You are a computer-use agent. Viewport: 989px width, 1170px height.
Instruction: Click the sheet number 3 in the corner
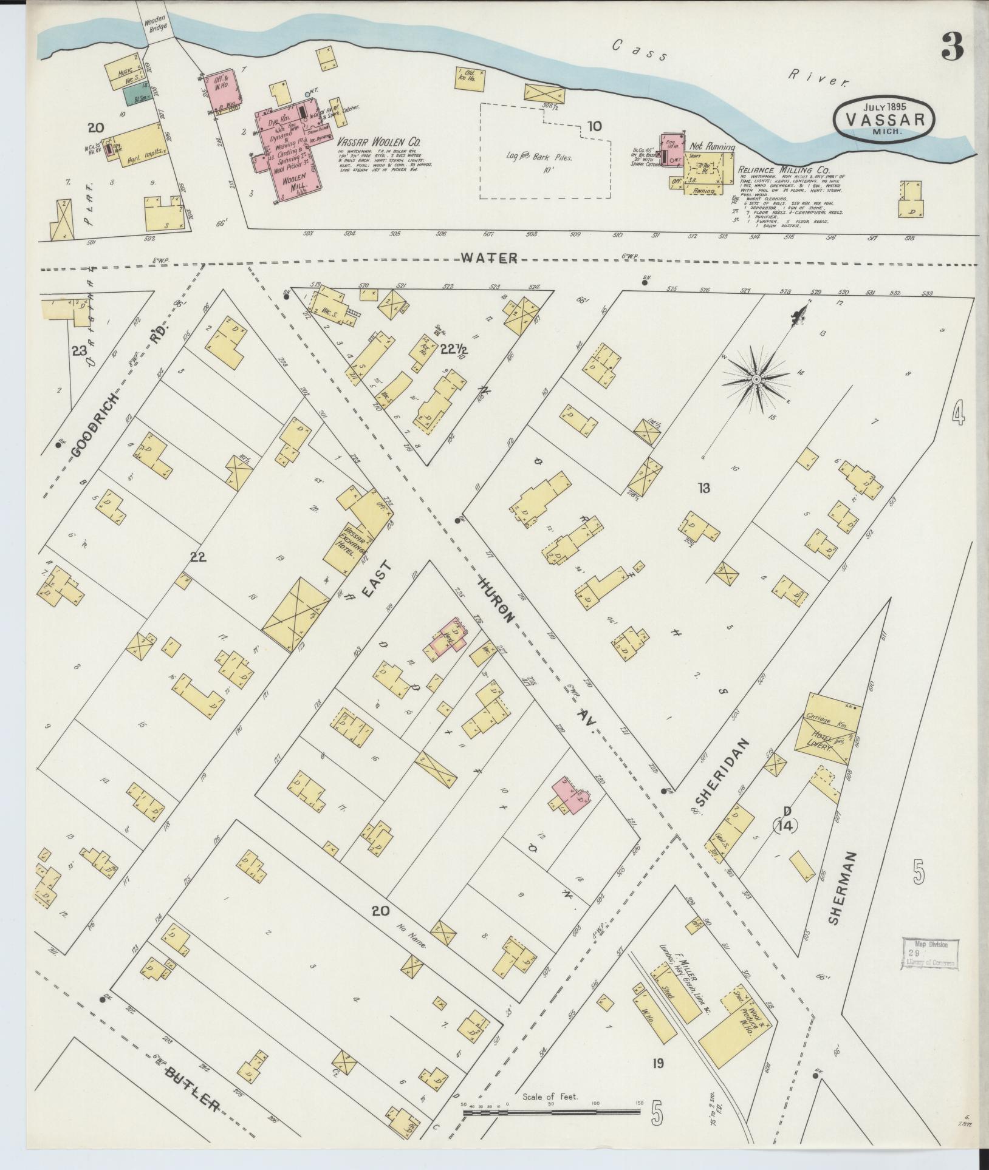click(953, 47)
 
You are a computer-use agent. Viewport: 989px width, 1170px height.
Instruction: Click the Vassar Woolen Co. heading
click(379, 141)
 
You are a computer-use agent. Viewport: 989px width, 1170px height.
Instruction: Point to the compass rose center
click(756, 379)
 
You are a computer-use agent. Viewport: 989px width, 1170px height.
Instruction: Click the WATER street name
click(488, 258)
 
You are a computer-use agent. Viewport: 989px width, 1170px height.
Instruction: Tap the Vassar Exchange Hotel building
click(352, 534)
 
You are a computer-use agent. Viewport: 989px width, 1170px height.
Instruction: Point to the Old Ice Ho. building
click(469, 78)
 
